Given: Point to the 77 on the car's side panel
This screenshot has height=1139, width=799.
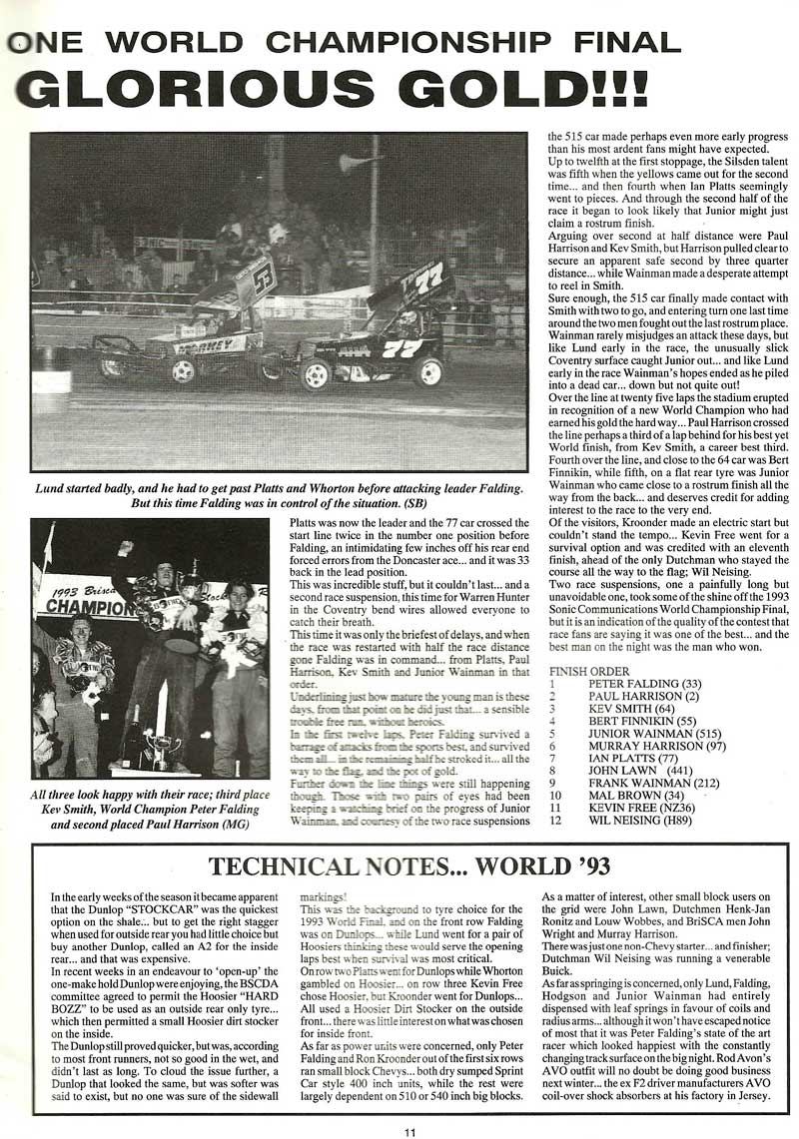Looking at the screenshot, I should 402,348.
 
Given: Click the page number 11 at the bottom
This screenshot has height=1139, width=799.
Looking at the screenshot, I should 409,1130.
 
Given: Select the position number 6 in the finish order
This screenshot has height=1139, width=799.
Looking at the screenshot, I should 552,741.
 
